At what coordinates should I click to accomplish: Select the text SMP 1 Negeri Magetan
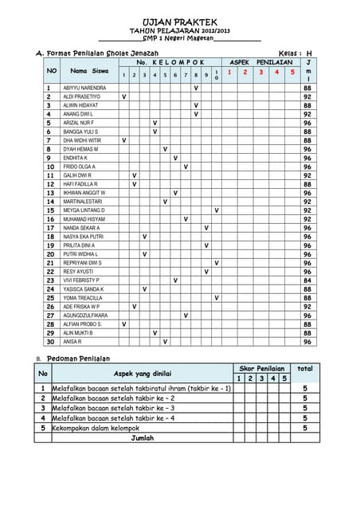pyautogui.click(x=179, y=38)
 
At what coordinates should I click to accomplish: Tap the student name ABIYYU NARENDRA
pyautogui.click(x=84, y=88)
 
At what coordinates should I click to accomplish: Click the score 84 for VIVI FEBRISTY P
pyautogui.click(x=307, y=280)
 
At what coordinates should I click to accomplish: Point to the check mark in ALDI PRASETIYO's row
pyautogui.click(x=123, y=96)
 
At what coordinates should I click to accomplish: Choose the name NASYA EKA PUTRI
pyautogui.click(x=83, y=237)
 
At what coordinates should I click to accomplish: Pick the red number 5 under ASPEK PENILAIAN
pyautogui.click(x=292, y=73)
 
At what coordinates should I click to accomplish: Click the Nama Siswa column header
pyautogui.click(x=89, y=71)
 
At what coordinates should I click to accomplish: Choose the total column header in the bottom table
pyautogui.click(x=304, y=368)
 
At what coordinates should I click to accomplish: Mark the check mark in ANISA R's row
pyautogui.click(x=165, y=342)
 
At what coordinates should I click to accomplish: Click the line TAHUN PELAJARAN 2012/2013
pyautogui.click(x=179, y=30)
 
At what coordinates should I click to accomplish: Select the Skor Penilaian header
pyautogui.click(x=262, y=368)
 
